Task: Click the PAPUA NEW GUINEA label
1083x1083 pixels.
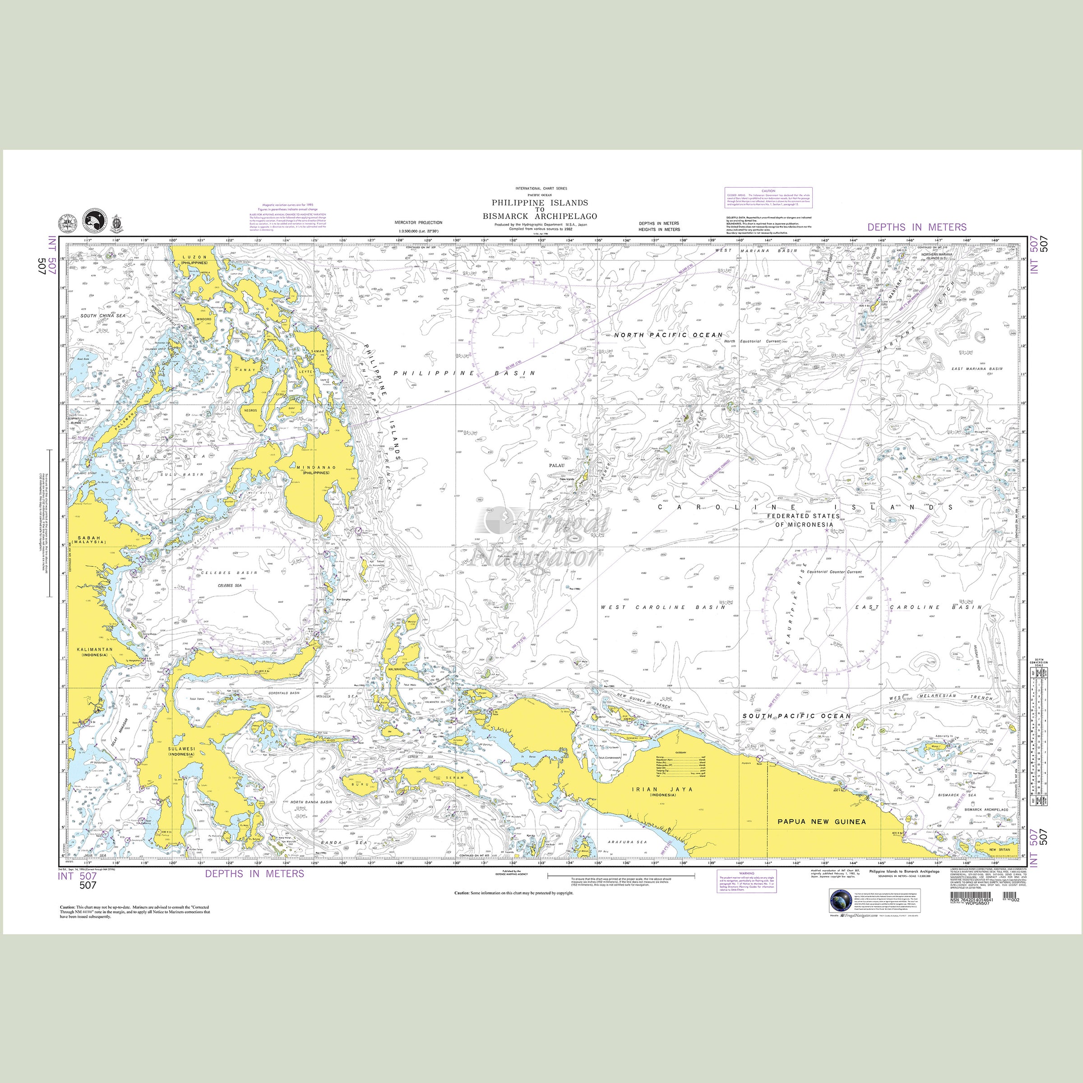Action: tap(821, 821)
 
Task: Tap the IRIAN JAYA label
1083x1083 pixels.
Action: tap(662, 789)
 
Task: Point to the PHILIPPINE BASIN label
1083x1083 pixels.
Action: tap(464, 373)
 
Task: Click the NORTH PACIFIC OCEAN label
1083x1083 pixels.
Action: tap(668, 335)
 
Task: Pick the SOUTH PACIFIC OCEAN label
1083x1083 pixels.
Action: tap(796, 717)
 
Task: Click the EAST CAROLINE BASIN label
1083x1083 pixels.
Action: tap(918, 607)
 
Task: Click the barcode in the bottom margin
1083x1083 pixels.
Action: tap(972, 912)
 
